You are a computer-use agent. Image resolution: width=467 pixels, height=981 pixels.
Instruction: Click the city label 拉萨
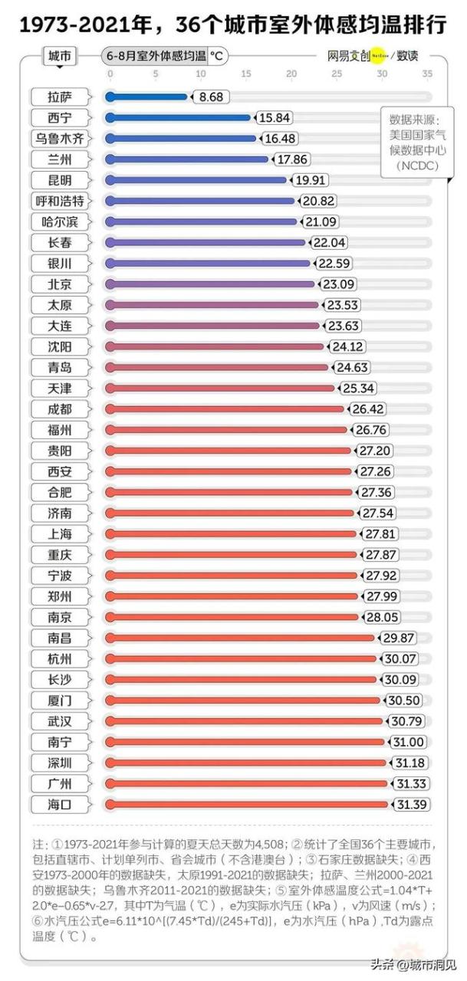click(x=60, y=97)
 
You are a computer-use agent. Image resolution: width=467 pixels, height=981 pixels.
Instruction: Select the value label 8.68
click(x=209, y=97)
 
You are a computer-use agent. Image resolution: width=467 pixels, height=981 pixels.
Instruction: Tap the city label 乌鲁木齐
click(x=60, y=139)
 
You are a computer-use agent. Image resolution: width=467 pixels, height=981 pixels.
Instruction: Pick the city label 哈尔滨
click(x=60, y=222)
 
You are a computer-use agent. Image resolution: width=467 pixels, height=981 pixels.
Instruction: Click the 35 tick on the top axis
click(x=427, y=74)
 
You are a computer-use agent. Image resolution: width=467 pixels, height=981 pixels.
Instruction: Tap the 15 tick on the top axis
click(x=246, y=74)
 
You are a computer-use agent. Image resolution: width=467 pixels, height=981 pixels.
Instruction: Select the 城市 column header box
click(x=60, y=57)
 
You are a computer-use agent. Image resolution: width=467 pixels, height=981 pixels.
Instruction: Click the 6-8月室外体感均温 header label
click(x=156, y=57)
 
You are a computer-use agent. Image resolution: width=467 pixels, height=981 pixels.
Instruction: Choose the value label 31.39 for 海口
click(x=411, y=804)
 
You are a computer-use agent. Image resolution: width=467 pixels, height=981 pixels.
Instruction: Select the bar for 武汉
click(x=245, y=721)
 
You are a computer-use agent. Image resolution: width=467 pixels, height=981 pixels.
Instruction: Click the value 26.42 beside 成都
click(x=366, y=409)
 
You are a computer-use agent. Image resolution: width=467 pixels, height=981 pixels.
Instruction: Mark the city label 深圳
click(x=60, y=763)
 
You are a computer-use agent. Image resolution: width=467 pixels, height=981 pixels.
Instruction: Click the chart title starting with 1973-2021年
click(x=233, y=25)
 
